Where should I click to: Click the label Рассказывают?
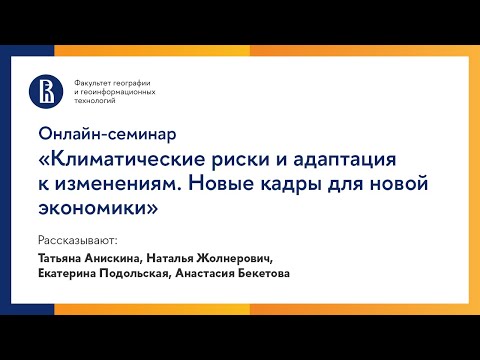[77, 241]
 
